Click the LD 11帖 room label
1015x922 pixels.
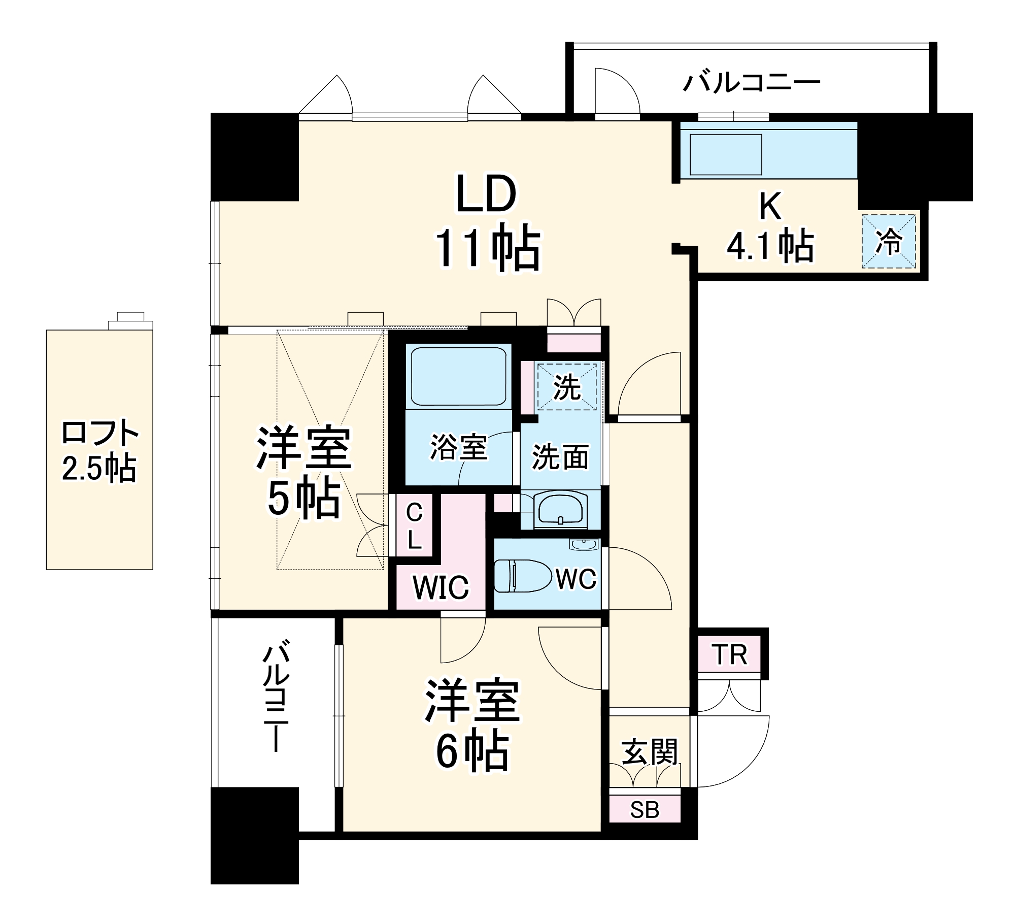tap(487, 221)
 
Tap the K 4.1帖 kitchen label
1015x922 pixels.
tap(770, 227)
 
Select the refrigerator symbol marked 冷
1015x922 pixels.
tap(889, 241)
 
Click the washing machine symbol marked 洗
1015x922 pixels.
tap(567, 387)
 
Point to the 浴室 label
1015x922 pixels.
tap(458, 447)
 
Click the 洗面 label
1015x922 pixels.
tap(560, 456)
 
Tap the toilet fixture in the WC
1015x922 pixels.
tap(522, 576)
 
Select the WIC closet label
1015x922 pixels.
tap(441, 587)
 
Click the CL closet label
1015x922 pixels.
tap(414, 526)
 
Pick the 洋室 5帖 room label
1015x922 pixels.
tap(303, 472)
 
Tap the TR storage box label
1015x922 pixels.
tap(730, 655)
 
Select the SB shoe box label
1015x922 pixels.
tap(645, 810)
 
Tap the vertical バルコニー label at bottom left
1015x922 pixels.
tap(276, 698)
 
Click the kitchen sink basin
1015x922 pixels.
tap(726, 154)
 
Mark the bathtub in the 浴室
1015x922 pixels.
tap(458, 376)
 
